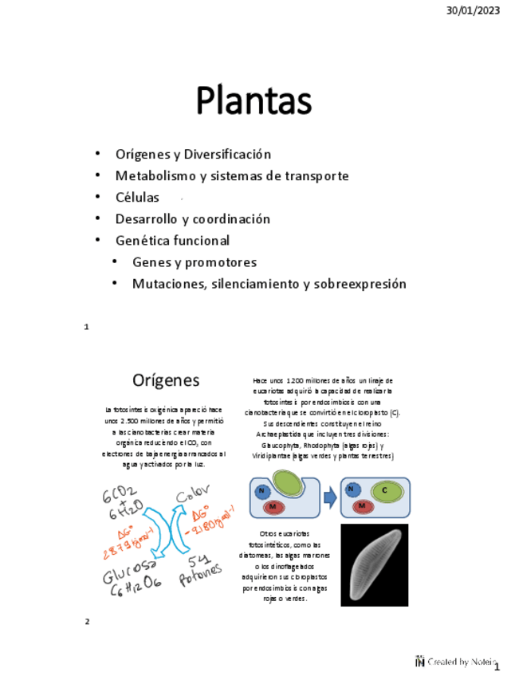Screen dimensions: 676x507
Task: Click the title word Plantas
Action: [x=253, y=102]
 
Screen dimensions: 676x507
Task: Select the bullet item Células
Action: [x=137, y=197]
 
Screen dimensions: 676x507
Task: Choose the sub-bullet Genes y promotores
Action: [x=195, y=262]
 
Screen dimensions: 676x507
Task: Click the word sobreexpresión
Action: [x=360, y=284]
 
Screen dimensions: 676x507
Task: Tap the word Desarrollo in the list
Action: [x=147, y=218]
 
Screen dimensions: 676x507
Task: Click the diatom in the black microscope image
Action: [x=374, y=564]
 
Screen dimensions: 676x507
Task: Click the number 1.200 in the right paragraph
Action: [x=297, y=381]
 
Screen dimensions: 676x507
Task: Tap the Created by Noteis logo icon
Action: [x=419, y=661]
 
